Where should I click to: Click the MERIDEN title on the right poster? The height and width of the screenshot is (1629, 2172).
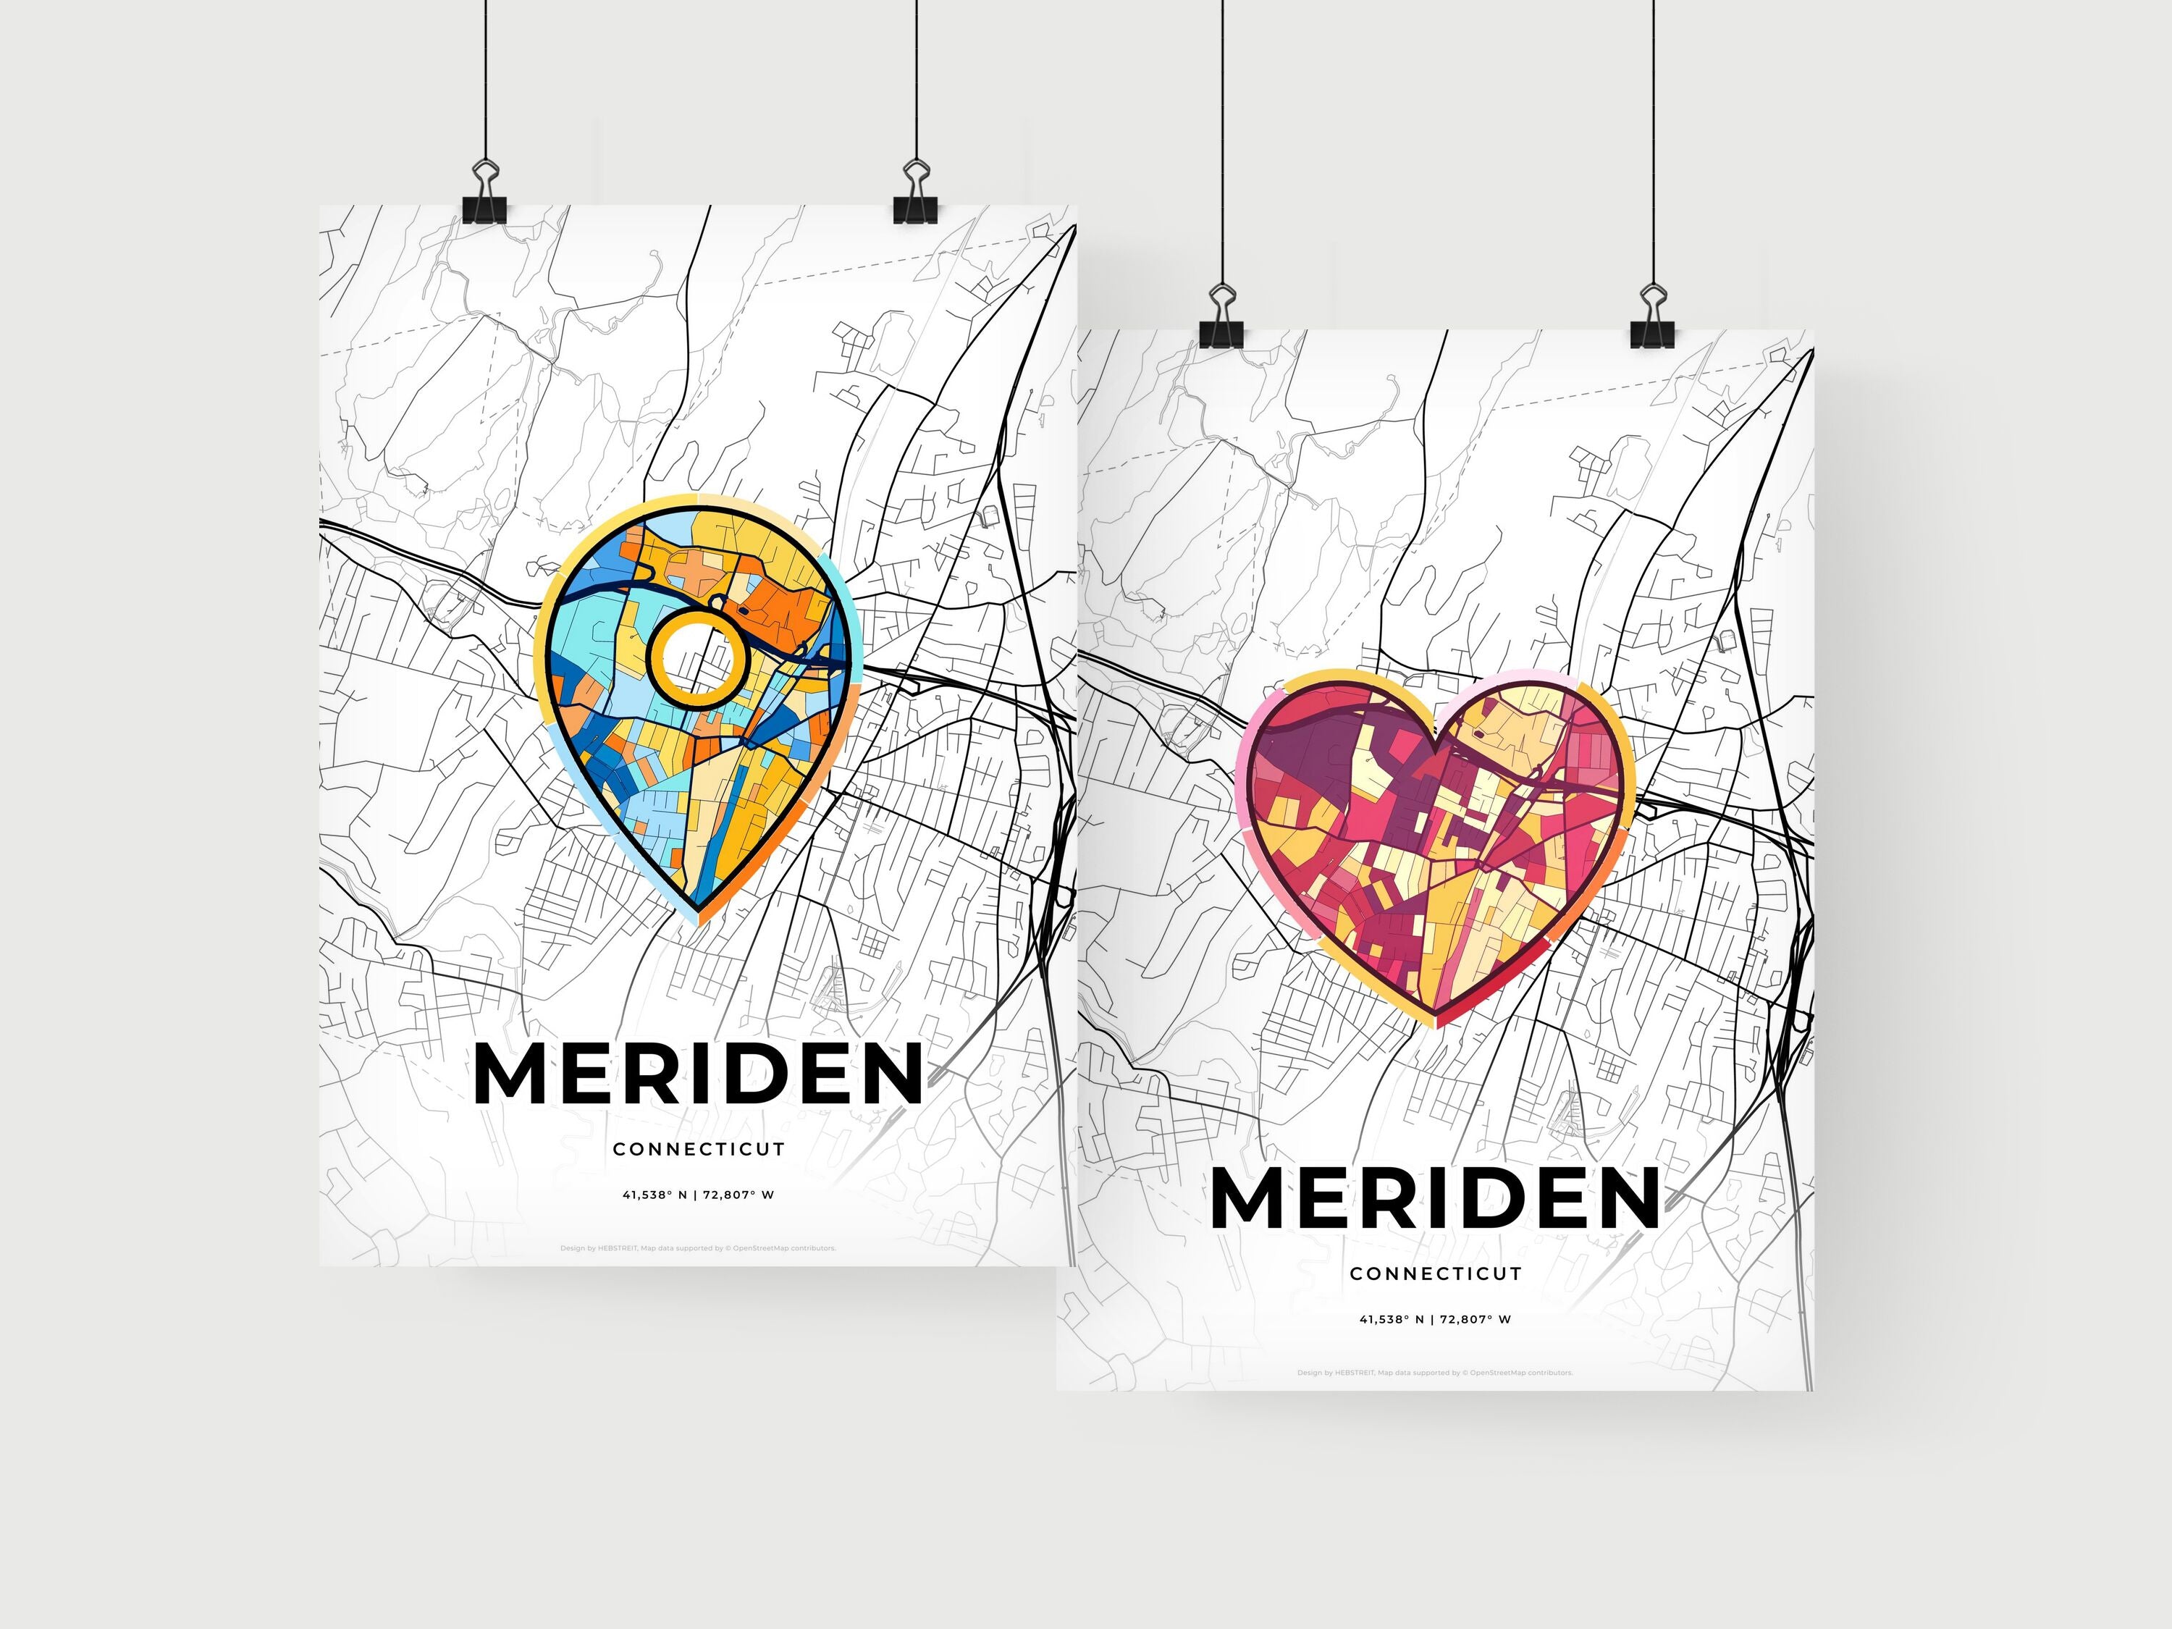(1434, 1198)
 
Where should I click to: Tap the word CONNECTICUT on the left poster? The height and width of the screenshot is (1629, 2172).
(698, 1149)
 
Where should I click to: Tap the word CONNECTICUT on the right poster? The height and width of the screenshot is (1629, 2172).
(1434, 1274)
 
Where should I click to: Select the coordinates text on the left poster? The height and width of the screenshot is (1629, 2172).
(698, 1195)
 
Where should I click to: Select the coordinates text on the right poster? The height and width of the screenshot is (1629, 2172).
(1434, 1318)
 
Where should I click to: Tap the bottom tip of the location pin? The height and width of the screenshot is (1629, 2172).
(698, 920)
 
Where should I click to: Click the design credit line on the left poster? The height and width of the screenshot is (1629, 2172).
(698, 1249)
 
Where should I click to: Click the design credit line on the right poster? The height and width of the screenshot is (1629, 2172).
(1434, 1373)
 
